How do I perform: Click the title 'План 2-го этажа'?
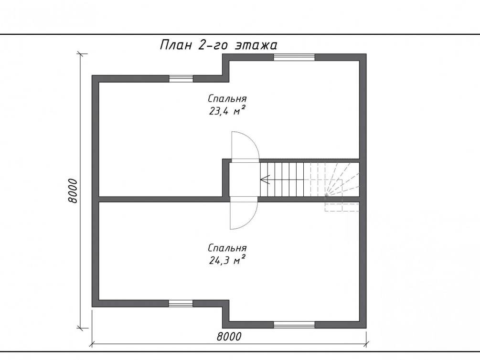219,45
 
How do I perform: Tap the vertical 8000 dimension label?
73,191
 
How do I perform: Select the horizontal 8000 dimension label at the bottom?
229,337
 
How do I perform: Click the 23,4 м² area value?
227,110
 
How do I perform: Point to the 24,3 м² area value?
227,260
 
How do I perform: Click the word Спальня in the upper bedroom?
227,99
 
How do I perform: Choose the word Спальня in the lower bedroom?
227,248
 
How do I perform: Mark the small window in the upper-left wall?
181,78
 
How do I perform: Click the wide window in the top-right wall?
294,57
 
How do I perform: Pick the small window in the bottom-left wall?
181,303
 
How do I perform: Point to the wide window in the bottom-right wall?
294,325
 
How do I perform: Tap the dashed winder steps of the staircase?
334,180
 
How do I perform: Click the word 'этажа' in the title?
256,45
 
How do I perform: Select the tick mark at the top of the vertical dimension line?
81,54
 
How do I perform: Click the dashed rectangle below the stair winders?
342,207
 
